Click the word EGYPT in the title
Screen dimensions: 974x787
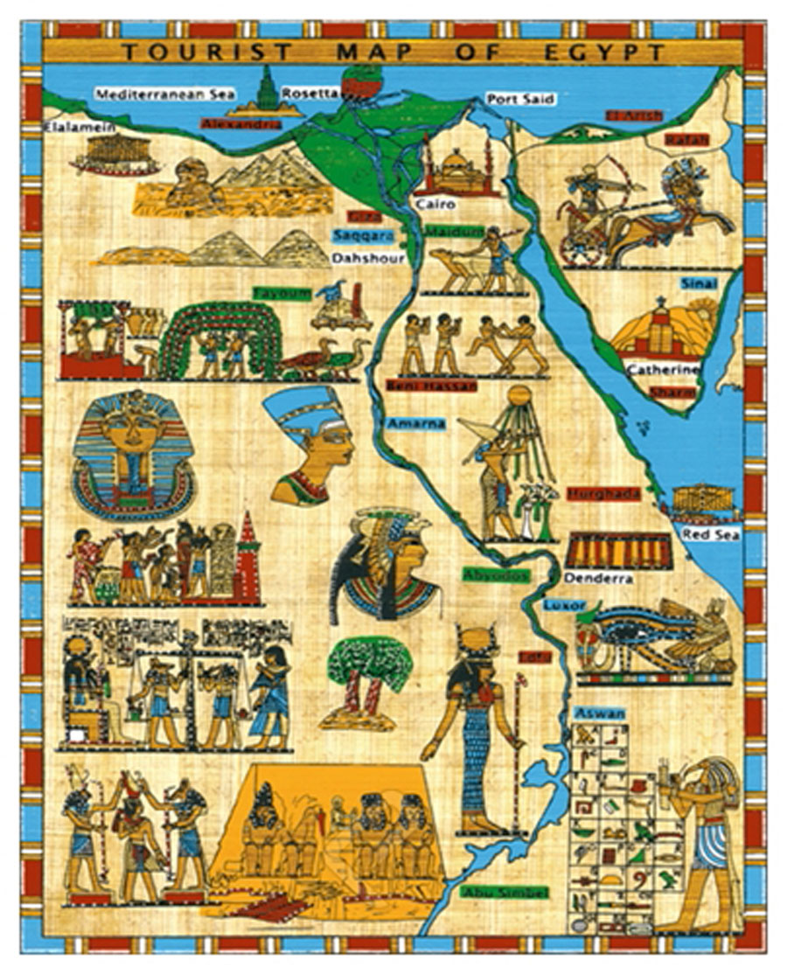coord(602,52)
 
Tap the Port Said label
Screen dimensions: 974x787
coord(521,99)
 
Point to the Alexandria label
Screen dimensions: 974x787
coord(241,124)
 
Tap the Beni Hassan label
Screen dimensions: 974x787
coord(430,386)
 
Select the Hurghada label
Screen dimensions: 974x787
coord(603,494)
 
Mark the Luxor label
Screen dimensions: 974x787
coord(559,605)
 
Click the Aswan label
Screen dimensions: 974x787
coord(600,714)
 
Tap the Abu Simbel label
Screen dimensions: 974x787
coord(504,893)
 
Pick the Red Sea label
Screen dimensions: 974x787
coord(705,533)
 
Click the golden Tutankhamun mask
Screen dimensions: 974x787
coord(131,455)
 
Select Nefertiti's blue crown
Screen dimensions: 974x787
coord(306,409)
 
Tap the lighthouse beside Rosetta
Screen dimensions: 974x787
coord(266,89)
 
